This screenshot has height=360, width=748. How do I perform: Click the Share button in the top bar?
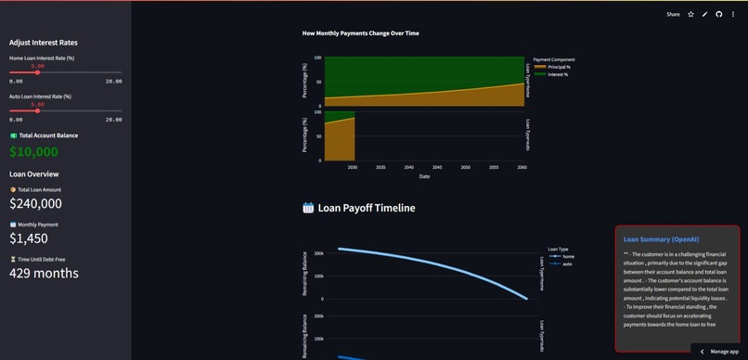click(674, 14)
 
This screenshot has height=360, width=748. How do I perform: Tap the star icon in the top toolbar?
click(690, 14)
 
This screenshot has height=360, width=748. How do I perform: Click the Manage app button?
click(718, 352)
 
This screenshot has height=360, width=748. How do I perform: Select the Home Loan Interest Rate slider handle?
click(38, 72)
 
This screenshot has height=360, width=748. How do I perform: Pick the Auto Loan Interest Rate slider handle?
click(38, 110)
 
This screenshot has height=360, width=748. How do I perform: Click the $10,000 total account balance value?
click(33, 152)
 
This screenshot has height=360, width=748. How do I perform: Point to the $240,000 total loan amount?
click(35, 203)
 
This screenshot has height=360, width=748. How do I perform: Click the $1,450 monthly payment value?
click(28, 238)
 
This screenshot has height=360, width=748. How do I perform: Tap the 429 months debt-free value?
click(44, 273)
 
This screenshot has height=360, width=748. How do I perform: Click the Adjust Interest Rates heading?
click(44, 43)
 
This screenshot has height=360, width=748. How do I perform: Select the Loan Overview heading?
click(33, 174)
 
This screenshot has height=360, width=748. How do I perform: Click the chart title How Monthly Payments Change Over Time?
click(360, 33)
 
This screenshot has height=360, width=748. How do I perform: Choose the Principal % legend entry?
click(559, 67)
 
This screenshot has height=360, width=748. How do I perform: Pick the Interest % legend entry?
click(558, 74)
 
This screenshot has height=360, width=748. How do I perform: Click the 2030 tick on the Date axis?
click(353, 167)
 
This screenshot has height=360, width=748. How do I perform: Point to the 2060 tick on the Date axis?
click(522, 167)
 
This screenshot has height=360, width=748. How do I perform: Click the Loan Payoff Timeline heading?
click(367, 208)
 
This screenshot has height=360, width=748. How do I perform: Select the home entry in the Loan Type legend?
click(568, 256)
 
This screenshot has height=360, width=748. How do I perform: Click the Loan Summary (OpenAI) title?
click(660, 239)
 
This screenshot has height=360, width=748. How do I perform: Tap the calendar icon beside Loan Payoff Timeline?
click(308, 208)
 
